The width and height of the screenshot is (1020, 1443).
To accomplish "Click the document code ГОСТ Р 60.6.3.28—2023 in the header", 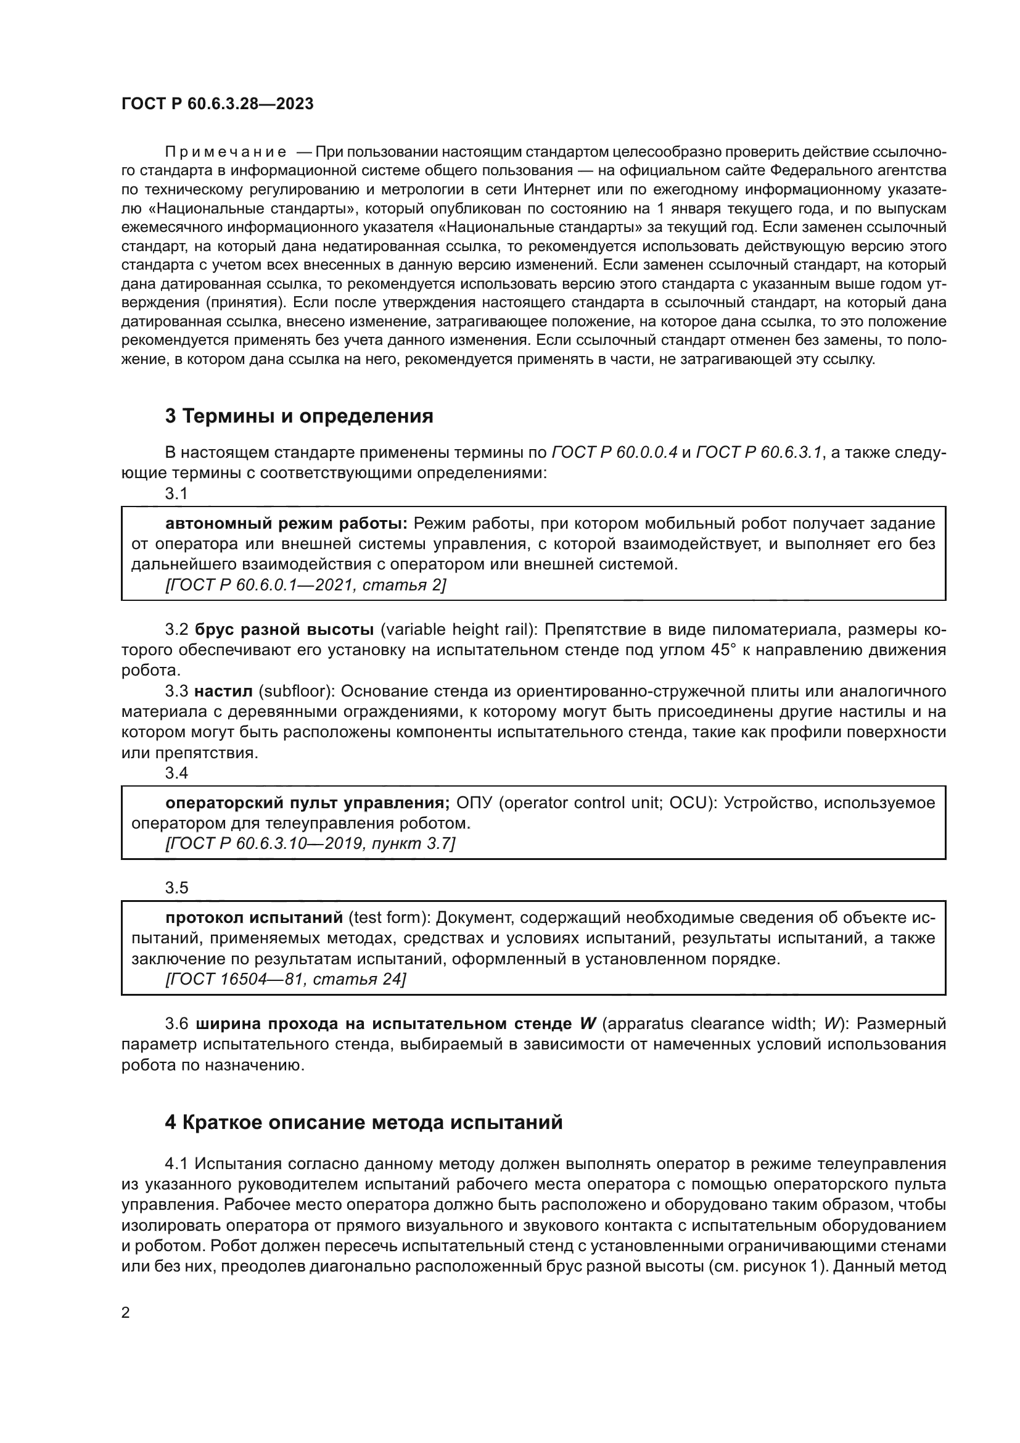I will pos(217,104).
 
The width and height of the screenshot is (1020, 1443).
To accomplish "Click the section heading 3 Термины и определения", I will pos(299,416).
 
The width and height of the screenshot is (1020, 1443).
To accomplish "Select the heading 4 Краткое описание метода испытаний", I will pos(364,1122).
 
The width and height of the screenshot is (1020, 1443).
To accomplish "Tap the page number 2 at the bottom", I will pos(126,1312).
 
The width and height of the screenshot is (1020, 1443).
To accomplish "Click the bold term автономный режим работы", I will pos(286,524).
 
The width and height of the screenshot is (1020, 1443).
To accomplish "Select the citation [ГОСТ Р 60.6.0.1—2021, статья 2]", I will pos(305,585).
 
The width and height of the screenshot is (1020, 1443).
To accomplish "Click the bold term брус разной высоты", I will pos(284,630).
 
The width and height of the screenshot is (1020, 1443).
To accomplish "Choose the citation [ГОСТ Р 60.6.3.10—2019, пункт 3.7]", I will pos(310,843).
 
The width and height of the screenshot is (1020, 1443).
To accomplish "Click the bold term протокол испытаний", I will pos(253,917).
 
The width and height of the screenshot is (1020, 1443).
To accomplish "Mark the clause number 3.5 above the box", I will pos(176,887).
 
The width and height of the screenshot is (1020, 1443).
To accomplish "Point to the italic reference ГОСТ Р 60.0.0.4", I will pos(614,452).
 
